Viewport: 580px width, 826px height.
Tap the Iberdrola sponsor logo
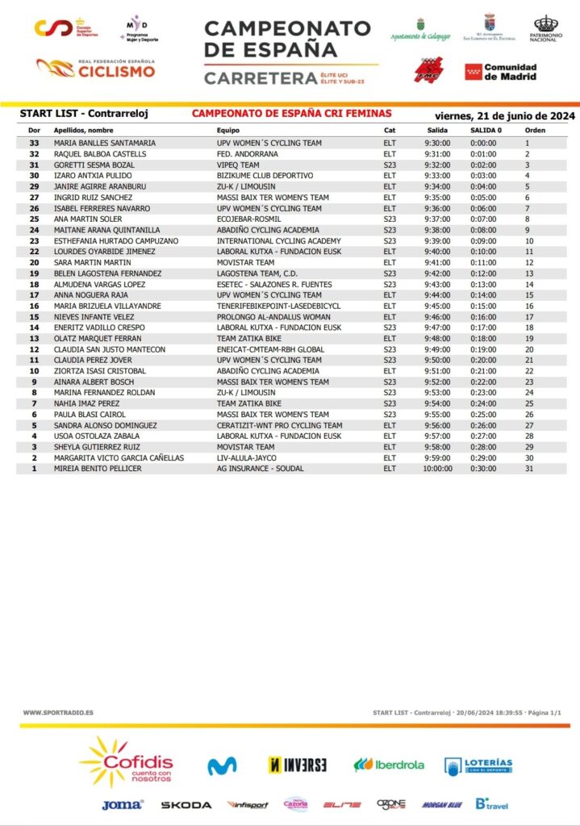pyautogui.click(x=389, y=765)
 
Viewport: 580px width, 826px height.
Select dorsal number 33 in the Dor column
pyautogui.click(x=34, y=143)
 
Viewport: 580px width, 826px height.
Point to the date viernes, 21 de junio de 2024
pyautogui.click(x=504, y=115)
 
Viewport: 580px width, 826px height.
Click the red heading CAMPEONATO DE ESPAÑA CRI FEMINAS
pyautogui.click(x=291, y=115)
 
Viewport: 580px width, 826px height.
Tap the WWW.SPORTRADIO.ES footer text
pyautogui.click(x=58, y=712)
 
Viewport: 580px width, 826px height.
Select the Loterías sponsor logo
pyautogui.click(x=478, y=765)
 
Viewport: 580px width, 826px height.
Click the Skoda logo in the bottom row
pyautogui.click(x=186, y=805)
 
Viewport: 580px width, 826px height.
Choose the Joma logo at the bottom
pyautogui.click(x=123, y=805)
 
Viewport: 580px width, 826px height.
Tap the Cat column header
pyautogui.click(x=390, y=130)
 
